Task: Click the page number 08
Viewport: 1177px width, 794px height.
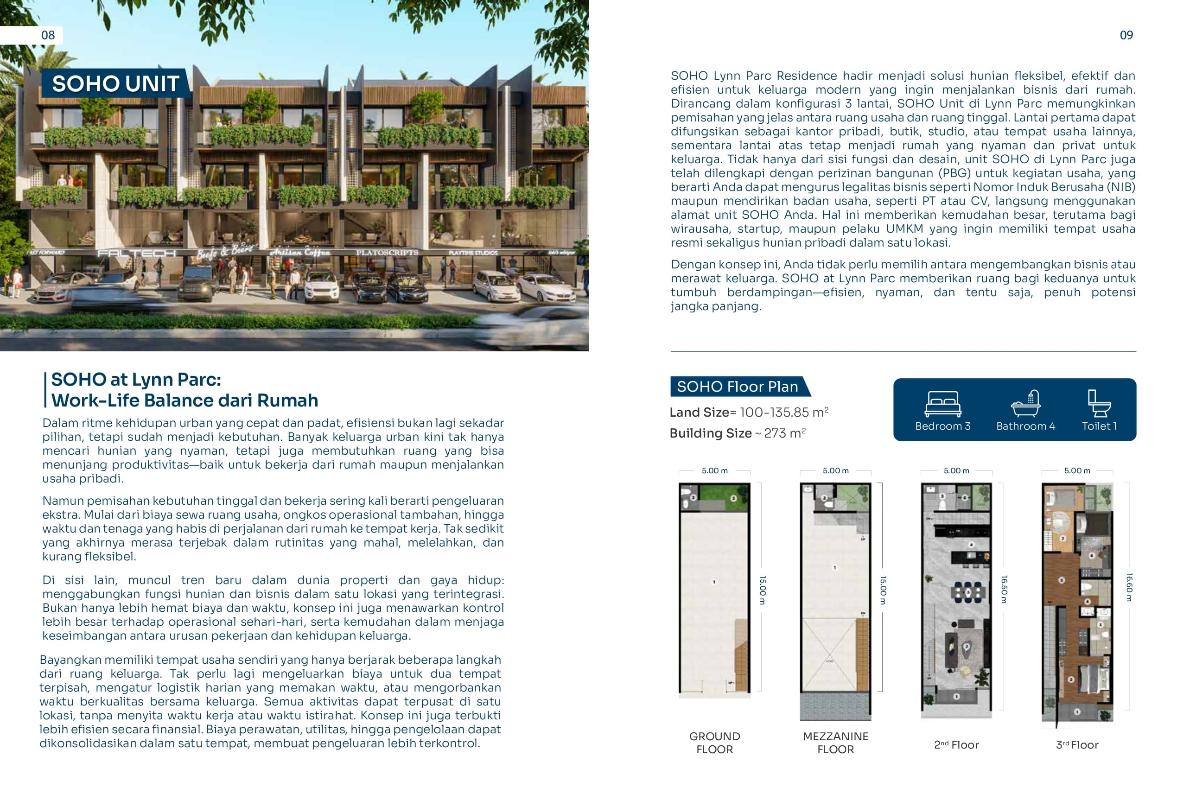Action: pyautogui.click(x=48, y=35)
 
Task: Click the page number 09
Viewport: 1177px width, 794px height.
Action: pyautogui.click(x=1126, y=35)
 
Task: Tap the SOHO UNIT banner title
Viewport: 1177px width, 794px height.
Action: pyautogui.click(x=115, y=83)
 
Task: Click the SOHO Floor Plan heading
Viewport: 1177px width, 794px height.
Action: pyautogui.click(x=737, y=387)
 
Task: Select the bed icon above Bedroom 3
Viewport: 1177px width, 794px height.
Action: pyautogui.click(x=942, y=404)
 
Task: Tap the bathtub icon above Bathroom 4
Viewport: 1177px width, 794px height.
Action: pyautogui.click(x=1025, y=404)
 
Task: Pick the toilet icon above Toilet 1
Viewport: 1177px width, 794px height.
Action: pyautogui.click(x=1099, y=404)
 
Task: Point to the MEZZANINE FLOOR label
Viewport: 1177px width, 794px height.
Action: pyautogui.click(x=835, y=743)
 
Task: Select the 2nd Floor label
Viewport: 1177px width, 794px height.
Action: pyautogui.click(x=956, y=745)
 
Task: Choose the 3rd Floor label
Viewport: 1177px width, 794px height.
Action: pyautogui.click(x=1077, y=745)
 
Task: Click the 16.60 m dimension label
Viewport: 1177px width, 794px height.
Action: pyautogui.click(x=1129, y=587)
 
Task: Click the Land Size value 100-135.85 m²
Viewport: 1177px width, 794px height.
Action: pyautogui.click(x=783, y=413)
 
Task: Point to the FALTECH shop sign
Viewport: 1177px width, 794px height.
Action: pyautogui.click(x=136, y=253)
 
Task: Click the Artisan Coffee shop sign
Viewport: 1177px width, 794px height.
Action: pyautogui.click(x=300, y=252)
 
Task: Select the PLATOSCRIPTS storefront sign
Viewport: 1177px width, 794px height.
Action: pyautogui.click(x=387, y=252)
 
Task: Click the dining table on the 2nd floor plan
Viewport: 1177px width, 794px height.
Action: pyautogui.click(x=967, y=591)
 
